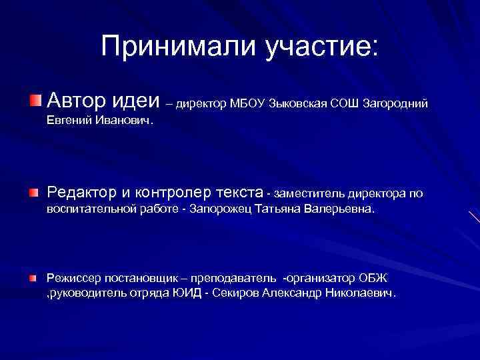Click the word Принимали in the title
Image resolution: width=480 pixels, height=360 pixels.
pos(164,46)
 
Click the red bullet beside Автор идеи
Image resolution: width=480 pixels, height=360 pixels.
pos(35,100)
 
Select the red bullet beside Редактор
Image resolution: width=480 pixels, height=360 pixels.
pos(34,193)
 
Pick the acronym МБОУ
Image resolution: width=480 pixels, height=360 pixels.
pos(248,103)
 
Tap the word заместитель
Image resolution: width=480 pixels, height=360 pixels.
pos(306,194)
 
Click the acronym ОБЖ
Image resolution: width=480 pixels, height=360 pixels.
pos(372,277)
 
